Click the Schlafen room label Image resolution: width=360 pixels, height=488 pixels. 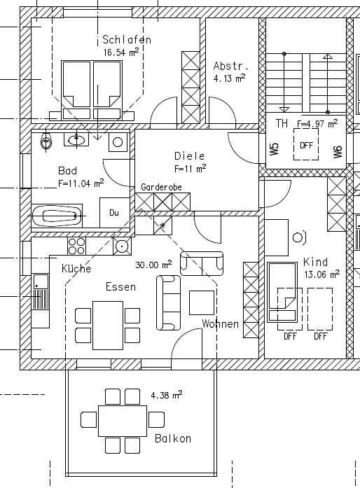coord(127,39)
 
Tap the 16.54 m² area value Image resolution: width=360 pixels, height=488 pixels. coord(121,52)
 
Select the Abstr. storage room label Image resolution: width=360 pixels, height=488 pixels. coord(231,67)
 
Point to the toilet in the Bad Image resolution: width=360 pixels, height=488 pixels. coord(46,141)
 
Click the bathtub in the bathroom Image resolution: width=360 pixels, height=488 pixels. coord(57,216)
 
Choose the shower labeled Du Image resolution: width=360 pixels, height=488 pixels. coord(114,213)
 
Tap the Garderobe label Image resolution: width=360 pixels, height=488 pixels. coord(161,187)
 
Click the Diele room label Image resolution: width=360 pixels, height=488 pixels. coord(190,155)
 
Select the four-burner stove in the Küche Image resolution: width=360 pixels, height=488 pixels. coord(76,246)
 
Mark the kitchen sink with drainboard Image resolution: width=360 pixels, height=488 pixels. coord(41,291)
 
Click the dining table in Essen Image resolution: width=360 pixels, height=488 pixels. coord(108,326)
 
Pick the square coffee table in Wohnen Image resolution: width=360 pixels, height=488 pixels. coord(202,303)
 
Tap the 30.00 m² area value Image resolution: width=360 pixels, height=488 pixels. coord(153,265)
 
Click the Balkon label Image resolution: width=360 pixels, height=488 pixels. coord(173,438)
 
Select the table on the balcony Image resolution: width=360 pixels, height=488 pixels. coord(123,421)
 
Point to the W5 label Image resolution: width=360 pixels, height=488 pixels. coord(275,148)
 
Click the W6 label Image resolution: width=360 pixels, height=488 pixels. coord(338,151)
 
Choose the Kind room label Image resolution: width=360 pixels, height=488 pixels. coord(315,262)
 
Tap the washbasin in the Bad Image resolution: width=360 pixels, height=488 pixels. coord(76,139)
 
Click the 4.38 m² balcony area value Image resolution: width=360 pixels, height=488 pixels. coord(166,395)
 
